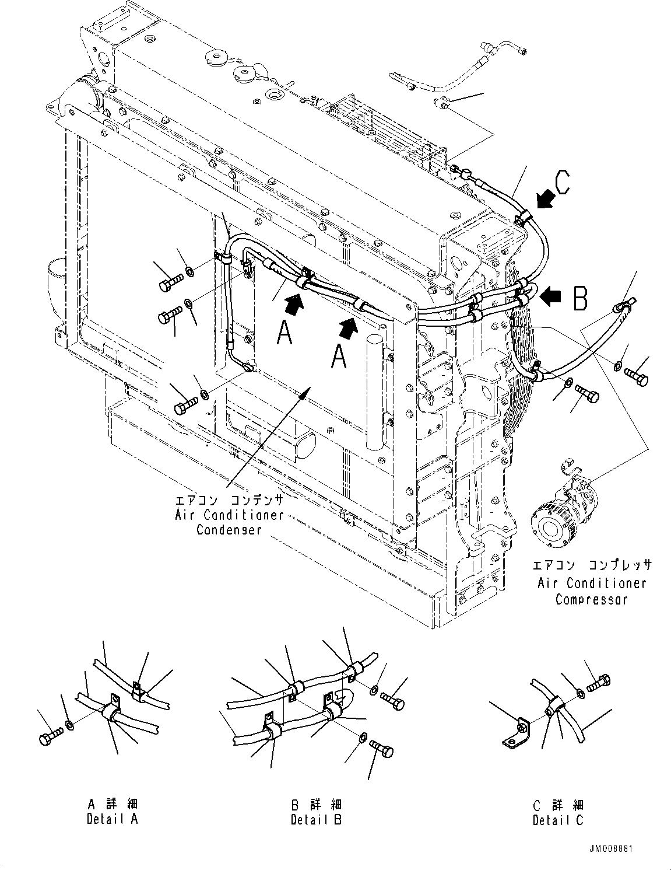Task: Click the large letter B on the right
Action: [581, 298]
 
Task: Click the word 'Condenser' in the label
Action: [229, 530]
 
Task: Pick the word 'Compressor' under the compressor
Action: [591, 599]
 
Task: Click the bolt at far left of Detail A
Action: [51, 736]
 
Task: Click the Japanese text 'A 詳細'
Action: [113, 803]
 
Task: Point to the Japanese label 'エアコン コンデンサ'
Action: [230, 500]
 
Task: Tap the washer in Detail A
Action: [69, 725]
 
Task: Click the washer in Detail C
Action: [579, 693]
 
